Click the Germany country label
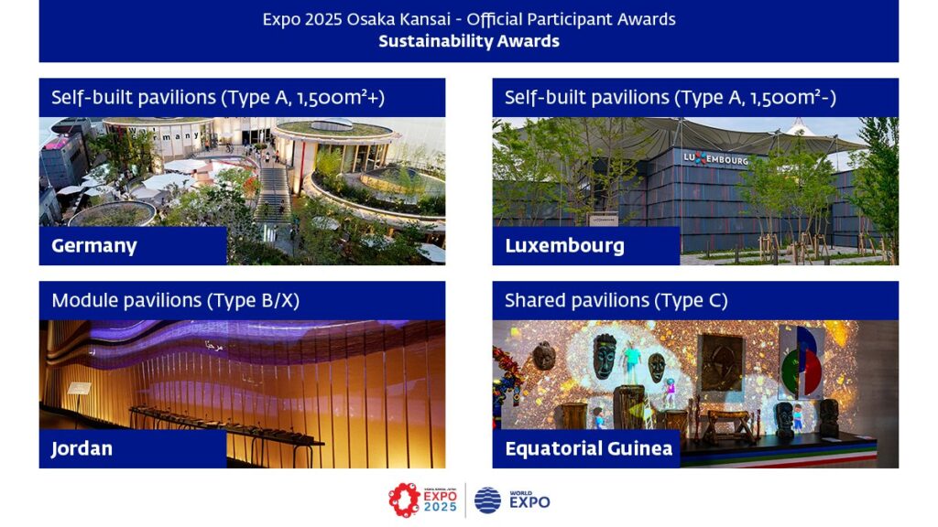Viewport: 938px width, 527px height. point(94,245)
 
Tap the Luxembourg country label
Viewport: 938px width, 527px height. point(564,245)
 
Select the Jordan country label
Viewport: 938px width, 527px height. point(82,448)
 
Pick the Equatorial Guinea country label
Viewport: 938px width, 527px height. point(589,448)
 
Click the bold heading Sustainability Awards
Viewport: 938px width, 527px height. point(469,41)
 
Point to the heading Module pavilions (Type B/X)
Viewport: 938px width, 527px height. point(175,300)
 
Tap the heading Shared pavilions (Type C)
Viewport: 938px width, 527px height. point(616,300)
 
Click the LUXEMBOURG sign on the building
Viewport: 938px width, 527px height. point(716,159)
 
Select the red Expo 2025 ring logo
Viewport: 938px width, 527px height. point(404,500)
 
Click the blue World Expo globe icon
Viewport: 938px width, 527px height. point(487,500)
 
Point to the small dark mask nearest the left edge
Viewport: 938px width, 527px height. point(544,356)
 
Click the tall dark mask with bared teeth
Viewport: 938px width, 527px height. point(605,356)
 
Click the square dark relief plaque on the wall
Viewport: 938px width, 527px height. point(722,362)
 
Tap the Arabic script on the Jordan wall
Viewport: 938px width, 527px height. point(213,345)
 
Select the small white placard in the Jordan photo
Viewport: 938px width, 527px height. point(79,388)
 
